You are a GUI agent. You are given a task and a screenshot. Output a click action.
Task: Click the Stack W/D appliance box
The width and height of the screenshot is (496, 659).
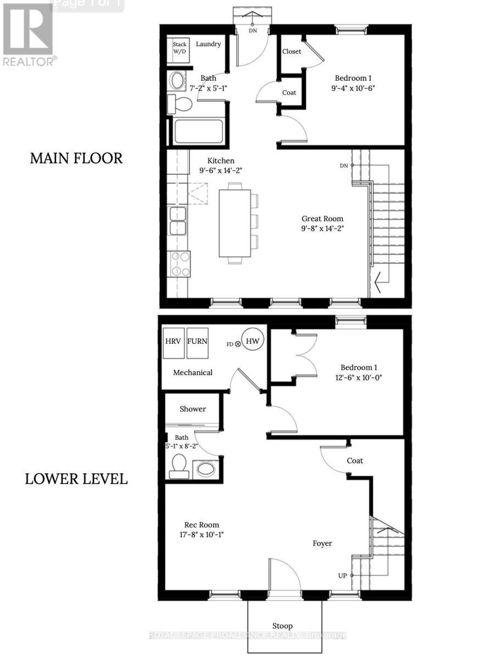tap(180, 47)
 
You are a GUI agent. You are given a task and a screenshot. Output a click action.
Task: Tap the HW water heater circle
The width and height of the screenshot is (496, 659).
tap(253, 342)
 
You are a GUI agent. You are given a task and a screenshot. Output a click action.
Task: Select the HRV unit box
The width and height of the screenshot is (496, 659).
tap(172, 342)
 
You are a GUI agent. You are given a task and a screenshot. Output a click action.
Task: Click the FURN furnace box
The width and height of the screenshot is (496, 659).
tap(197, 342)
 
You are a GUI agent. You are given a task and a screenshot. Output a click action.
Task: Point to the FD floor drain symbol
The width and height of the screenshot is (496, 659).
tap(238, 344)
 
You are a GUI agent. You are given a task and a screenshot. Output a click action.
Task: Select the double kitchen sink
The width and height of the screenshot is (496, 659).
tap(178, 220)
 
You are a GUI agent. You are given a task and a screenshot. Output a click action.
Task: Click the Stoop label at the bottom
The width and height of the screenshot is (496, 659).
tap(282, 626)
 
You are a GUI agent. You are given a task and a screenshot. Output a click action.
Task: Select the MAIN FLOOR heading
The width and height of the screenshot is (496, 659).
tap(76, 158)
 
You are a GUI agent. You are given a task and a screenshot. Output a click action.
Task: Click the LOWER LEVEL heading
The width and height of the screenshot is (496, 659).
tap(76, 479)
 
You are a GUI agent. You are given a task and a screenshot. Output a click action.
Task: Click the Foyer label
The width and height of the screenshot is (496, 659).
tap(322, 543)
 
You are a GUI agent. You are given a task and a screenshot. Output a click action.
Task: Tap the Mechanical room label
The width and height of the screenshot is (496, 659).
tap(193, 372)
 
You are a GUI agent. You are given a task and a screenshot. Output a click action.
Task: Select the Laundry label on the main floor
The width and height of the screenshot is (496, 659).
tap(208, 44)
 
